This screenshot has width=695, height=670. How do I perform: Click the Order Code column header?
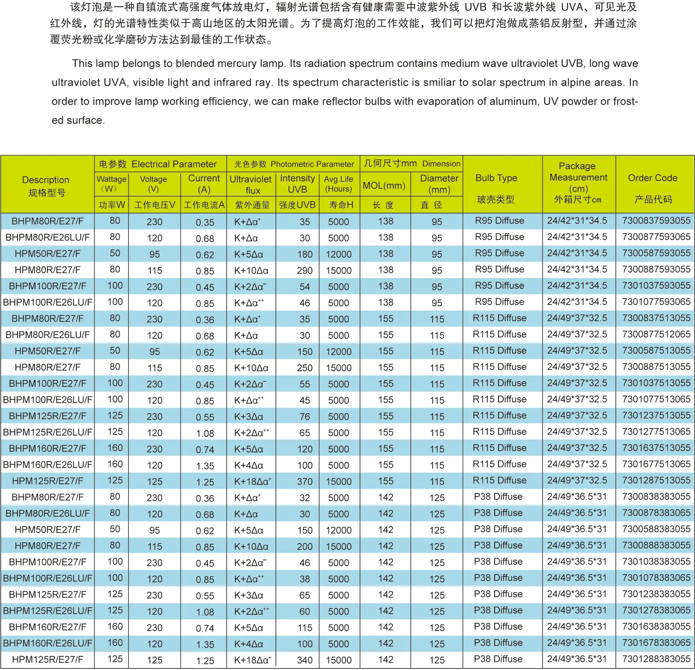pyautogui.click(x=652, y=178)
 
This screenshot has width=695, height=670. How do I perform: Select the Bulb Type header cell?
pyautogui.click(x=496, y=178)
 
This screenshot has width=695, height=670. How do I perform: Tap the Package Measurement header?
pyautogui.click(x=578, y=177)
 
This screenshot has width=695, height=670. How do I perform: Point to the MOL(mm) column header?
pyautogui.click(x=384, y=186)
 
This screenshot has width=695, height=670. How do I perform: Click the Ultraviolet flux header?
pyautogui.click(x=251, y=184)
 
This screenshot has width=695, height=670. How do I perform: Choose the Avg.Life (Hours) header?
pyautogui.click(x=338, y=184)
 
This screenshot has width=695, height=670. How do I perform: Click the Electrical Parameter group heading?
pyautogui.click(x=174, y=164)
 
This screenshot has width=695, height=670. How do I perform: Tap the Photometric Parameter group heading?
pyautogui.click(x=312, y=164)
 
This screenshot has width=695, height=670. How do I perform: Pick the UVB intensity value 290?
pyautogui.click(x=304, y=270)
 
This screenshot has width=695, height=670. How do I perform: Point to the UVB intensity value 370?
pyautogui.click(x=304, y=481)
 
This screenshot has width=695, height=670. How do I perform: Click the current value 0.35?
pyautogui.click(x=205, y=222)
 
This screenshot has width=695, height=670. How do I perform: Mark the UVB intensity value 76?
pyautogui.click(x=304, y=417)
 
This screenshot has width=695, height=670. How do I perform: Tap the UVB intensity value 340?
pyautogui.click(x=304, y=660)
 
